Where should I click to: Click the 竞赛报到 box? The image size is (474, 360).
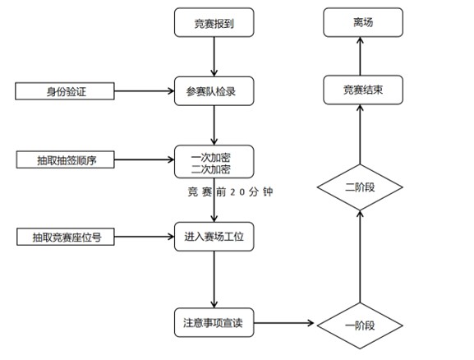(214, 23)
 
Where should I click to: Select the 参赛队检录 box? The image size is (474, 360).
(214, 90)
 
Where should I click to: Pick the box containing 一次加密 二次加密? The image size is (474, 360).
(214, 163)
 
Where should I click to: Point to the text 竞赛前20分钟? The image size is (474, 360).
(230, 192)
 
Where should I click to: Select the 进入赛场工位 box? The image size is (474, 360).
(214, 237)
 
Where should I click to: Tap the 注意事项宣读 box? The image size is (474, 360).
(214, 323)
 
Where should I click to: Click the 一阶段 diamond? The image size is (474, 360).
(359, 324)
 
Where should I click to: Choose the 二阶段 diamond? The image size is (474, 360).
(359, 188)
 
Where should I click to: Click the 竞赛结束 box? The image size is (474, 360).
(359, 90)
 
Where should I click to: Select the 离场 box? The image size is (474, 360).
(359, 23)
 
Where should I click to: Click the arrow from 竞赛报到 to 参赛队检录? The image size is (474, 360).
(214, 57)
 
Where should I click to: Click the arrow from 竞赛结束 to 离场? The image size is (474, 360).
(359, 57)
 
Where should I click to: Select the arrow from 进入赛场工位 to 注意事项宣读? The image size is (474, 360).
(214, 280)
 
